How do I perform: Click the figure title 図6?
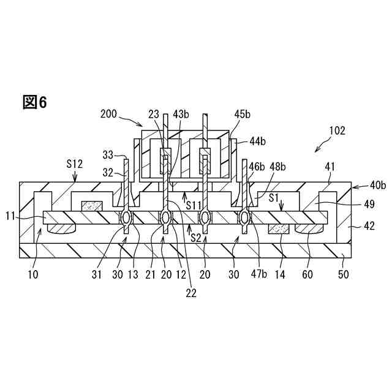(x=35, y=102)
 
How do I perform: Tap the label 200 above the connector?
(x=108, y=113)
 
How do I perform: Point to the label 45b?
(x=243, y=113)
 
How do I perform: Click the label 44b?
(x=257, y=141)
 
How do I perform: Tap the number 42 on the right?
(x=369, y=225)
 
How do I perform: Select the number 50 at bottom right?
(x=344, y=274)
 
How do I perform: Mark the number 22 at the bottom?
(x=192, y=293)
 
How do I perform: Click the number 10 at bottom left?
(x=32, y=274)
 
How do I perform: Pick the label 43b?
(x=181, y=113)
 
